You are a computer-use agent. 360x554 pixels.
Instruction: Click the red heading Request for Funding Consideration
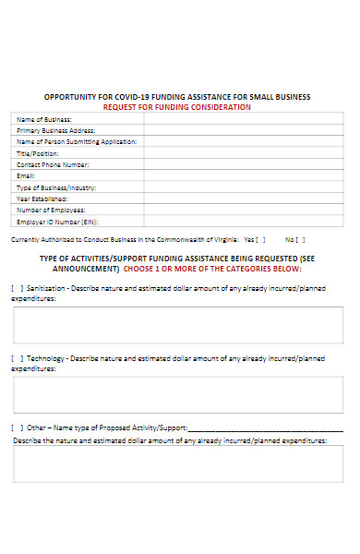[x=176, y=107]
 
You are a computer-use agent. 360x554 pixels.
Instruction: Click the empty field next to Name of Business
[x=244, y=119]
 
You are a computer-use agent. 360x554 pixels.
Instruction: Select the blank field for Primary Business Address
[x=244, y=130]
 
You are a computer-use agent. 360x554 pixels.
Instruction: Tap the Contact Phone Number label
[x=53, y=164]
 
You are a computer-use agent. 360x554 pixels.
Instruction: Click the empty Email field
[x=244, y=175]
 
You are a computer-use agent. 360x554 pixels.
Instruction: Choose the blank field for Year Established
[x=244, y=199]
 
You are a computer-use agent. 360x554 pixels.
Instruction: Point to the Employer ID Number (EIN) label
[x=57, y=222]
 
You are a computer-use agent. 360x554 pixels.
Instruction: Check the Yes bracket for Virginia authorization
[x=259, y=239]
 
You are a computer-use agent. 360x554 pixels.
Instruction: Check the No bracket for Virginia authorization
[x=302, y=239]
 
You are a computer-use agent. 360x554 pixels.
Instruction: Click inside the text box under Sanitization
[x=178, y=325]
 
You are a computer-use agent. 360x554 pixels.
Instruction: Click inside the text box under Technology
[x=178, y=393]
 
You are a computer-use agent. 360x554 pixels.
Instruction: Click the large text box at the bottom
[x=178, y=464]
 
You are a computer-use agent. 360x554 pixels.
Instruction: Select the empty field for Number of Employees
[x=244, y=210]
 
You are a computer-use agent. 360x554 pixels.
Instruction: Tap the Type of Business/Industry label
[x=56, y=187]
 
